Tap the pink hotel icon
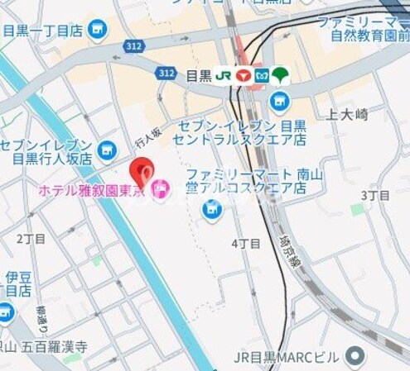(160, 189)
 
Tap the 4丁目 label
(246, 244)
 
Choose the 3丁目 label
(375, 195)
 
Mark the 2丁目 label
(31, 238)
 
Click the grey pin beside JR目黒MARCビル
(356, 357)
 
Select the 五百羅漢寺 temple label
(57, 347)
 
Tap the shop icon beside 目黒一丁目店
(99, 31)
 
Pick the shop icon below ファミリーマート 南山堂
(212, 209)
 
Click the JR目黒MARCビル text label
(287, 357)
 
